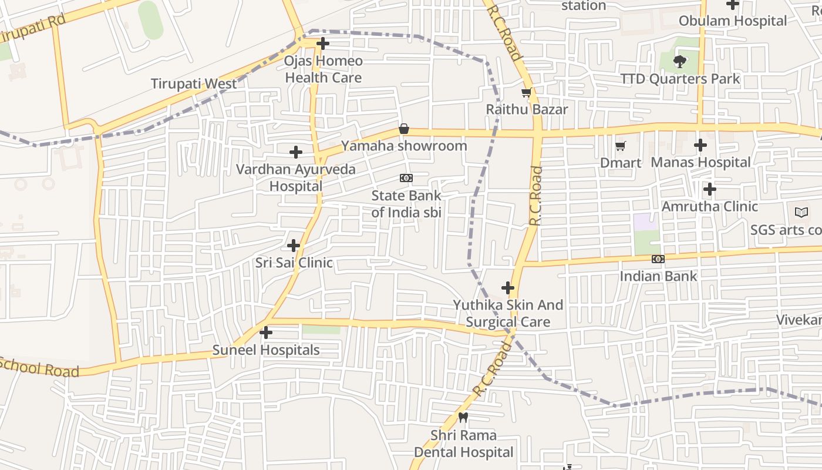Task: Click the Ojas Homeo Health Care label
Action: (323, 69)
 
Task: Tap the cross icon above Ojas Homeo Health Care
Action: (323, 43)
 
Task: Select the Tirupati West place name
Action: (194, 83)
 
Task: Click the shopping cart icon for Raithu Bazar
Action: (527, 93)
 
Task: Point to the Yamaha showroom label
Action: (404, 146)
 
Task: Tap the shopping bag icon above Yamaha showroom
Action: (404, 129)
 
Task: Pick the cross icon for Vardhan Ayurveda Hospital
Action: (296, 152)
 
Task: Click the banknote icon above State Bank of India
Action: (406, 178)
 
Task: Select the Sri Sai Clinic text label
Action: (294, 263)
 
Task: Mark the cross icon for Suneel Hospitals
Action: (266, 333)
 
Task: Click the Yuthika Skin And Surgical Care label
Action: (508, 313)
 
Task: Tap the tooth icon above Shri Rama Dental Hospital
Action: (463, 418)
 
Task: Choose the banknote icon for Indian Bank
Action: (658, 259)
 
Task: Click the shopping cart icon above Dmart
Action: (621, 146)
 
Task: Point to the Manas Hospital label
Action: (700, 162)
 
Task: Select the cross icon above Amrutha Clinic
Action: (710, 189)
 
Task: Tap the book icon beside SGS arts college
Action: (801, 213)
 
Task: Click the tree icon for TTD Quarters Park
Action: (680, 61)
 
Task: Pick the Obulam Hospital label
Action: (732, 21)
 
